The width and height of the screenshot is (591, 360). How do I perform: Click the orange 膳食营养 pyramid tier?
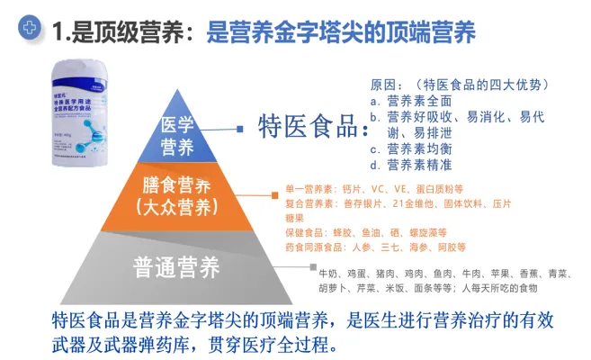click(x=177, y=196)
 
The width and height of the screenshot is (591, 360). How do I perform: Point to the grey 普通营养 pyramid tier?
click(x=176, y=266)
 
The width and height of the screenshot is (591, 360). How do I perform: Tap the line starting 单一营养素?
click(x=374, y=189)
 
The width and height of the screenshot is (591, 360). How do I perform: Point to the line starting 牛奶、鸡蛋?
click(x=441, y=272)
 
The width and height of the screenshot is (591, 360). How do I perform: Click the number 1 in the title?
click(x=59, y=33)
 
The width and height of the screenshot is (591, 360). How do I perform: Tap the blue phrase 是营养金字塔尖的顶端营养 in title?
click(x=342, y=33)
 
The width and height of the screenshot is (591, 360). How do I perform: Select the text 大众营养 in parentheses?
click(x=177, y=207)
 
